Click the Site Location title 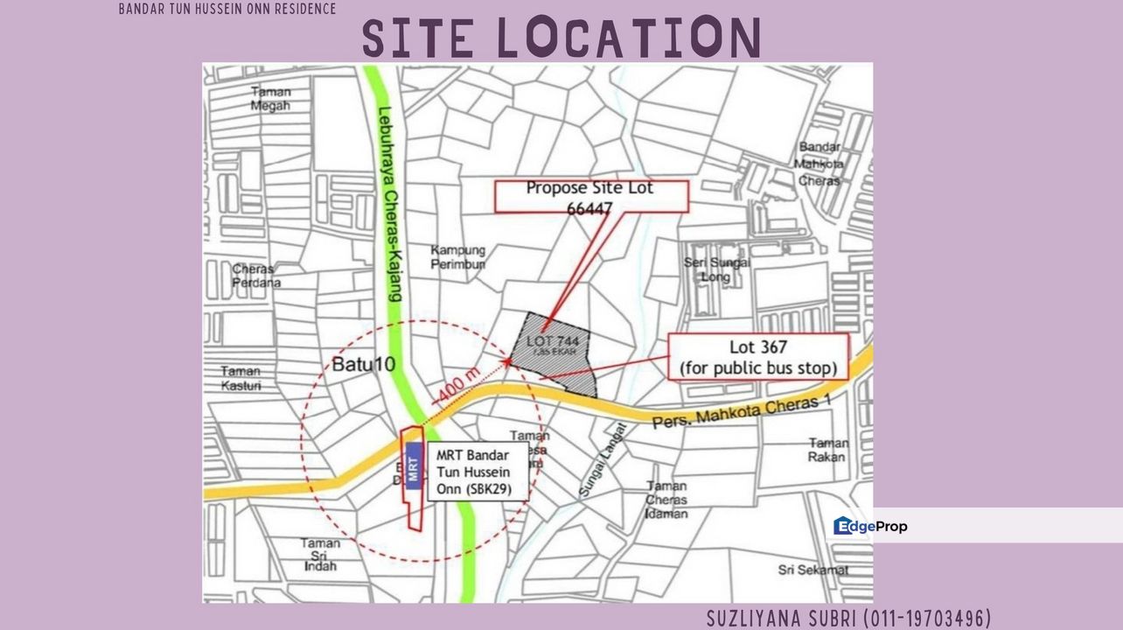561,38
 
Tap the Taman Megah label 270,99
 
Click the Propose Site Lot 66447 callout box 590,197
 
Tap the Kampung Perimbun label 457,257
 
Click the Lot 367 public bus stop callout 758,357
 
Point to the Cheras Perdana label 255,276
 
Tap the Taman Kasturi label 241,377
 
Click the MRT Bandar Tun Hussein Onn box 478,472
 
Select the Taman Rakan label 827,450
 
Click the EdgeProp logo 870,526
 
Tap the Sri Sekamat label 813,570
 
